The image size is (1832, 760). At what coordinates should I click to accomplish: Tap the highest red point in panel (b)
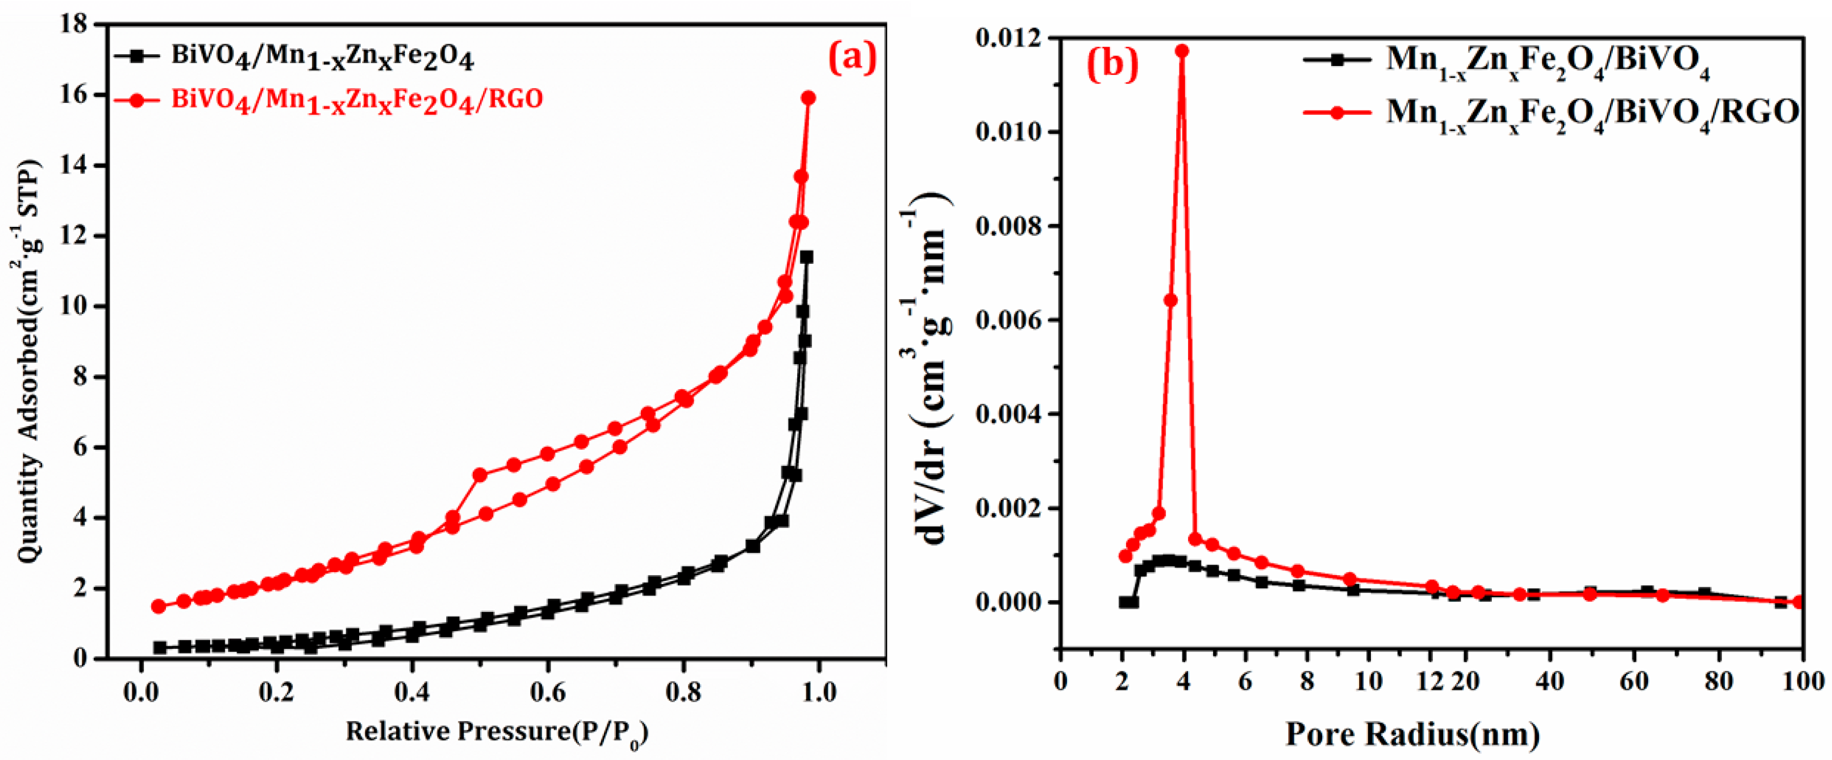[1182, 51]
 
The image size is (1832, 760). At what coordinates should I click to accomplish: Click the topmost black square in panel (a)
[806, 257]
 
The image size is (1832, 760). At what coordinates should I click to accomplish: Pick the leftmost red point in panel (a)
[159, 606]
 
